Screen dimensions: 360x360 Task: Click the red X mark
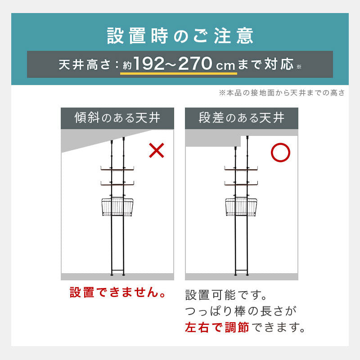[x=157, y=150]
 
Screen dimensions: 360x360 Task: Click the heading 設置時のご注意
[x=180, y=36]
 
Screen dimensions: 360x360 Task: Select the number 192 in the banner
[x=149, y=63]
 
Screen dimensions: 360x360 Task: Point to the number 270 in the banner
[x=195, y=63]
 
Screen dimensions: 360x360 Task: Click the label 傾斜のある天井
[x=117, y=118]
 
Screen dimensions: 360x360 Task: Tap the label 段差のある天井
[x=242, y=118]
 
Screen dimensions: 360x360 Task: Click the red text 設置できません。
[x=118, y=292]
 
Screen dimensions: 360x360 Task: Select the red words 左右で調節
[x=217, y=327]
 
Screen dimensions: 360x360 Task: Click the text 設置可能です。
[x=226, y=295]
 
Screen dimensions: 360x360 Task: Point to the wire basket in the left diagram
[x=117, y=207]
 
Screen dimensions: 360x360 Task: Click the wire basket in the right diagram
[x=241, y=207]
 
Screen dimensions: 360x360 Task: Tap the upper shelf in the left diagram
[x=117, y=169]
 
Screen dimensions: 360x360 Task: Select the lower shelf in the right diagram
[x=241, y=184]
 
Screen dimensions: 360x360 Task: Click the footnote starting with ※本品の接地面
[x=282, y=93]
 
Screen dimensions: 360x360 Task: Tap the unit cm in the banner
[x=225, y=66]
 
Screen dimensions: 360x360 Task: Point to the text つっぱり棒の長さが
[x=241, y=311]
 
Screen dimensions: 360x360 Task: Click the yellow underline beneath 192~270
[x=179, y=73]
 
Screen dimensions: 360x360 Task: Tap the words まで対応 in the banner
[x=265, y=64]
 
